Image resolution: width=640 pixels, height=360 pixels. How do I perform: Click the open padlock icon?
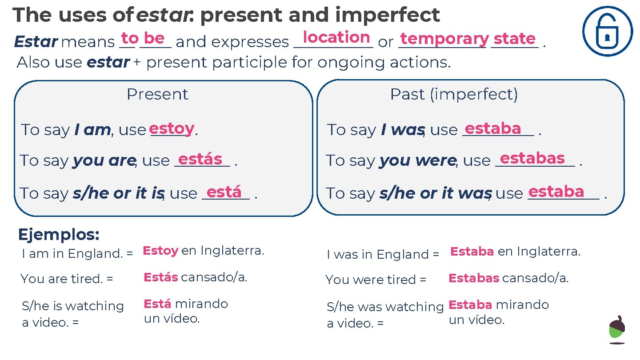point(607,31)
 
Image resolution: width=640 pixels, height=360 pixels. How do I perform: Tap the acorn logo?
point(617,329)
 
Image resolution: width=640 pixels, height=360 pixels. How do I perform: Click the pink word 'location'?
point(336,37)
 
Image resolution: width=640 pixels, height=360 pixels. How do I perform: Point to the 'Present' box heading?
point(157,94)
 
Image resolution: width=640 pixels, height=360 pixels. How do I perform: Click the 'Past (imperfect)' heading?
point(454,94)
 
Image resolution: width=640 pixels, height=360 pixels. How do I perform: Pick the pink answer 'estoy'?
point(172,129)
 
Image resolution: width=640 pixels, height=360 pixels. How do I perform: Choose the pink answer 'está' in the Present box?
point(224,192)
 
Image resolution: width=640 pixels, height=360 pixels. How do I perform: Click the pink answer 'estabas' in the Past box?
point(532,158)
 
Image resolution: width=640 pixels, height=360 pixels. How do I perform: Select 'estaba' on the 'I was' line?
point(493,128)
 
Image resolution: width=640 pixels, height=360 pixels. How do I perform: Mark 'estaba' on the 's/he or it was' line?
point(556,192)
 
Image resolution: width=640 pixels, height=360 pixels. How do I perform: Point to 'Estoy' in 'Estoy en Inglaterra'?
point(160,251)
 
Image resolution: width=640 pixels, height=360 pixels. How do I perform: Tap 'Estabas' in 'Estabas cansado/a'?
point(474,279)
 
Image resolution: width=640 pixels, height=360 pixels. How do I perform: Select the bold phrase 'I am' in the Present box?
point(92,130)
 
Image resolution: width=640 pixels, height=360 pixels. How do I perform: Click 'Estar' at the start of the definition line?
point(36,42)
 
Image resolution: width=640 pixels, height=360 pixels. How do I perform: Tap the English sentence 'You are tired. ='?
point(67,279)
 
